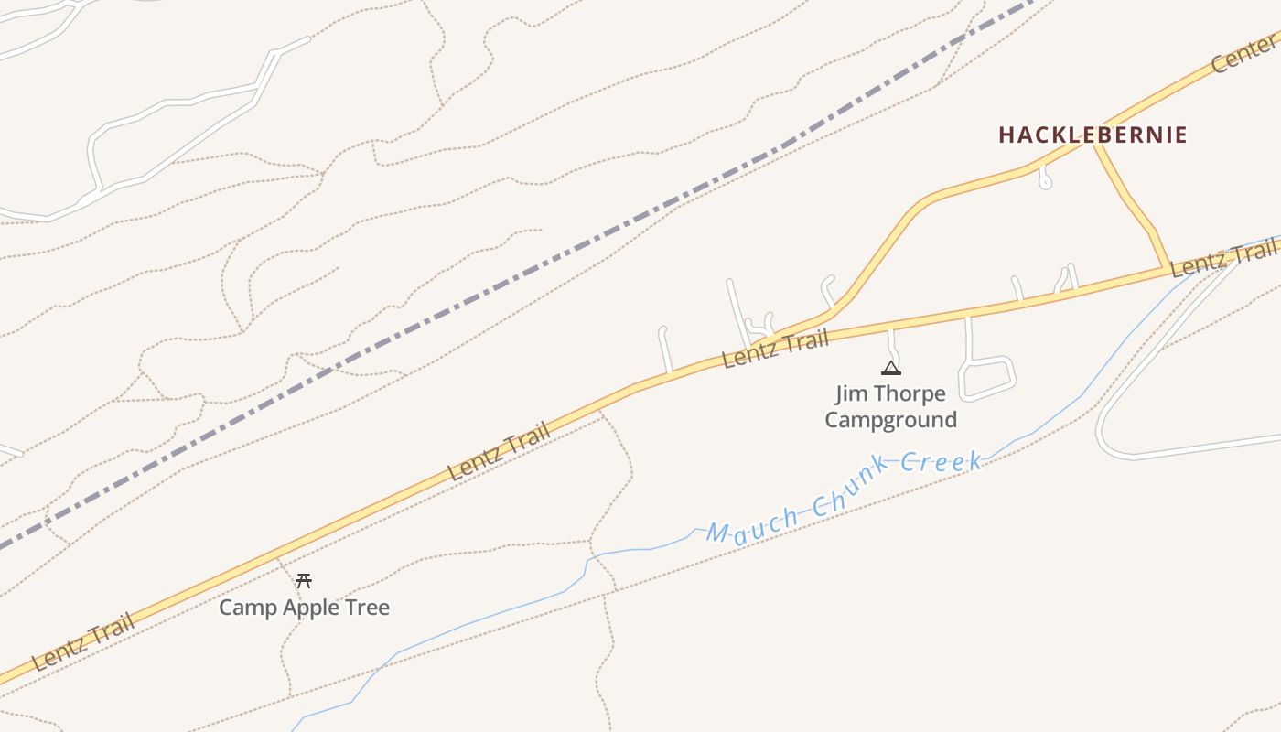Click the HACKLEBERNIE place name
click(1093, 135)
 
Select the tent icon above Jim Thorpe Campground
click(890, 368)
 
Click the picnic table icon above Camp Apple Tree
click(304, 580)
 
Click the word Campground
click(890, 420)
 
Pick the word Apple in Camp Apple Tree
click(307, 608)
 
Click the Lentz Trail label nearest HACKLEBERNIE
click(1224, 257)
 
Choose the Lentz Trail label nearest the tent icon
click(775, 349)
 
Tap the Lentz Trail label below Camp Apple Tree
click(82, 642)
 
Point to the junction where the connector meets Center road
click(1094, 143)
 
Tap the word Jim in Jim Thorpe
click(851, 394)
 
